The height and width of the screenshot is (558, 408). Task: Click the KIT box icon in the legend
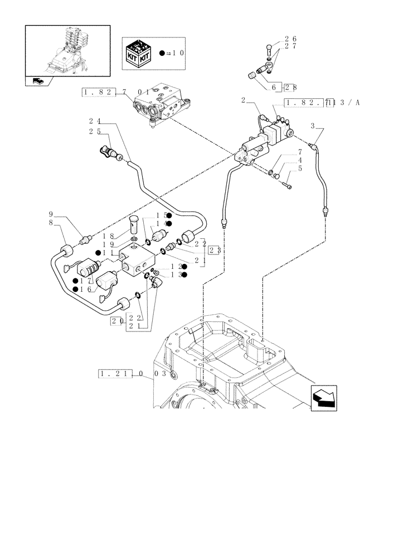pos(139,54)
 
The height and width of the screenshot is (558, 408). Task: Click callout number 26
pos(290,39)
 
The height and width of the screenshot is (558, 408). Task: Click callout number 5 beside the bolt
pos(300,168)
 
